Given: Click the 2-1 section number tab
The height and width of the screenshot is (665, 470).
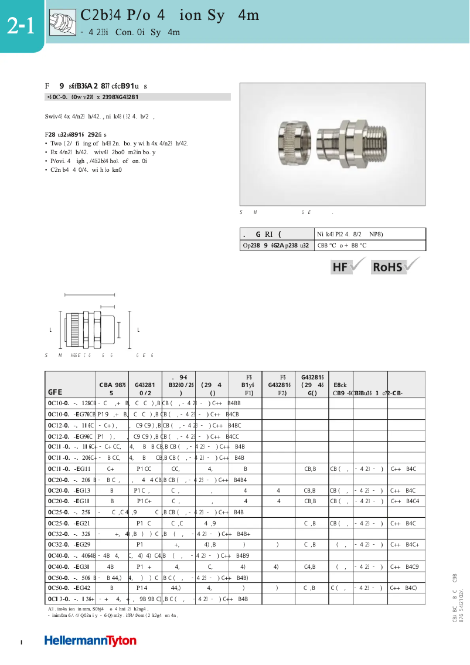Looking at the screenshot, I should click(x=21, y=26).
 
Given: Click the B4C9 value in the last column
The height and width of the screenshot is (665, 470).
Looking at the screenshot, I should click(x=411, y=566).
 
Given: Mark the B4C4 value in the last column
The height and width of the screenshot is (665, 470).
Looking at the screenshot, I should click(x=413, y=501).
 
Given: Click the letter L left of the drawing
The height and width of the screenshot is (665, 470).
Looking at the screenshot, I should click(x=50, y=331).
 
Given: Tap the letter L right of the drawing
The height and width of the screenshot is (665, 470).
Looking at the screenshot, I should click(x=138, y=331).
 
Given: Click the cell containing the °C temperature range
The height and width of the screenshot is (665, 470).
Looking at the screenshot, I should click(x=342, y=246).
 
